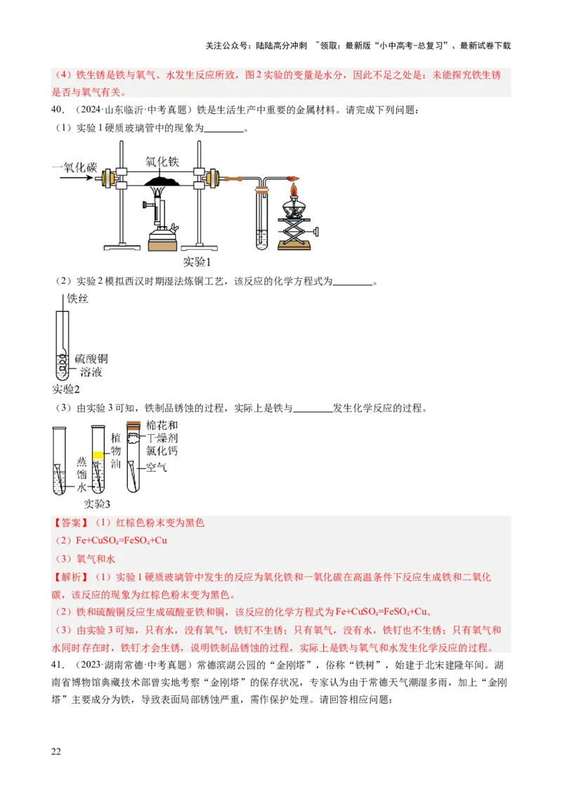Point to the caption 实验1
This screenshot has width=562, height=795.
pyautogui.click(x=197, y=261)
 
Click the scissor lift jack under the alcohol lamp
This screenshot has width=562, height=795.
pyautogui.click(x=296, y=229)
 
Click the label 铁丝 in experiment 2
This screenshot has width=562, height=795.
pyautogui.click(x=77, y=299)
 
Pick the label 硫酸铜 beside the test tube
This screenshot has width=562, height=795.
pyautogui.click(x=93, y=358)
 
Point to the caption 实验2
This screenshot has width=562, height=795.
pyautogui.click(x=66, y=389)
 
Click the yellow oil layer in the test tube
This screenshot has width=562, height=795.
pyautogui.click(x=98, y=455)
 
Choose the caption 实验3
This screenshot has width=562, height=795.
pyautogui.click(x=98, y=504)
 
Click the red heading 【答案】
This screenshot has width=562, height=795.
pyautogui.click(x=71, y=523)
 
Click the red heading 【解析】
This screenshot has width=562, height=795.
pyautogui.click(x=71, y=577)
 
